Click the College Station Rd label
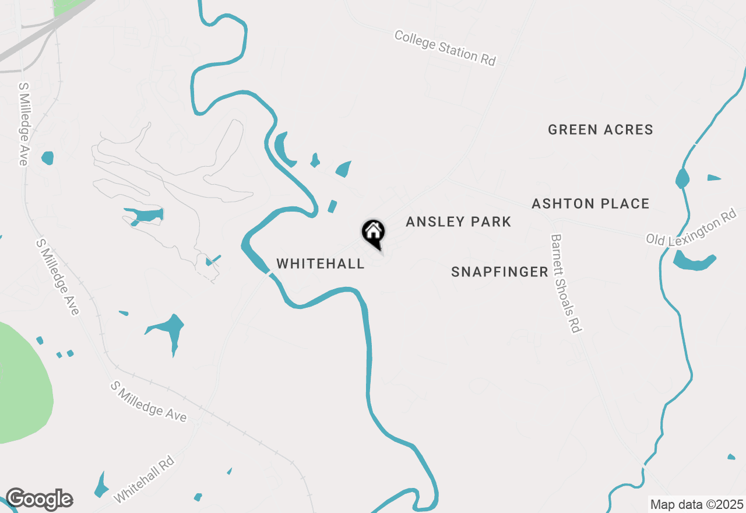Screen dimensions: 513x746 point(445,48)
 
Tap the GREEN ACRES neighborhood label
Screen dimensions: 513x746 point(600,129)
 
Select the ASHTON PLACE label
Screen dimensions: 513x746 point(590,203)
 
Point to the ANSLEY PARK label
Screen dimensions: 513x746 point(458,222)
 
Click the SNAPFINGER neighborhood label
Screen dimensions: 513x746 point(499,272)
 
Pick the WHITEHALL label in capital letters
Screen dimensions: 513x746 point(321,263)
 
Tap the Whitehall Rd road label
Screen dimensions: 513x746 point(145,479)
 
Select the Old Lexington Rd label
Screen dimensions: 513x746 point(691,226)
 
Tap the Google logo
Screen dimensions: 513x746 point(39,499)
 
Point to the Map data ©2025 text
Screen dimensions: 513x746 point(696,504)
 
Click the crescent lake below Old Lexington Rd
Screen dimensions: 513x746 point(694,262)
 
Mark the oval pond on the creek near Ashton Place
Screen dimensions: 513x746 point(681,178)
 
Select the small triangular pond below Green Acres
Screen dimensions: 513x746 point(713,177)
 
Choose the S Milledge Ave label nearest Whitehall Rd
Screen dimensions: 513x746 point(149,402)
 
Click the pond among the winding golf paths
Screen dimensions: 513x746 point(143,215)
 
